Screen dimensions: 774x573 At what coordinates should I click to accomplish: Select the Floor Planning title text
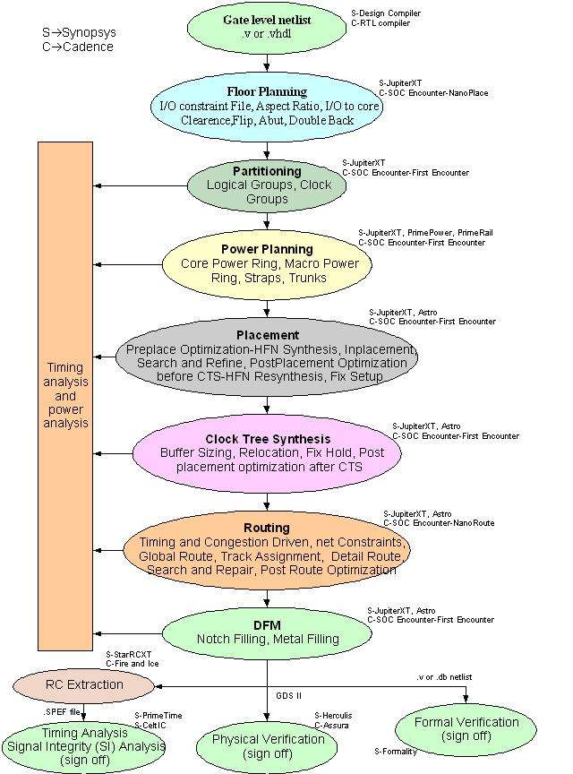pyautogui.click(x=267, y=91)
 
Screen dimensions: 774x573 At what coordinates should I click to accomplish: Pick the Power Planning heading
pyautogui.click(x=267, y=249)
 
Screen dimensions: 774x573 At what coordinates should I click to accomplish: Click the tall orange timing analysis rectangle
pyautogui.click(x=65, y=394)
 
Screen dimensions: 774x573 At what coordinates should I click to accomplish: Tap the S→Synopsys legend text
pyautogui.click(x=79, y=33)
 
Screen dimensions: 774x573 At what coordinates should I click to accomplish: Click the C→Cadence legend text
pyautogui.click(x=78, y=47)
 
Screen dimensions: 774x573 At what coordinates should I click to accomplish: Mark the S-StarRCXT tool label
pyautogui.click(x=129, y=655)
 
